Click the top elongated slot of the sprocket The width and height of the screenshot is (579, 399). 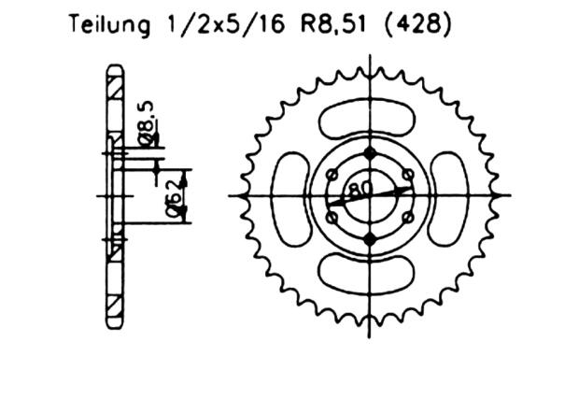370,121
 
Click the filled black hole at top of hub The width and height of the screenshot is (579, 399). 371,154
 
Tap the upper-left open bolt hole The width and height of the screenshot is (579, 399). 333,174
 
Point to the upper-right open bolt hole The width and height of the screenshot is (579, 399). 407,174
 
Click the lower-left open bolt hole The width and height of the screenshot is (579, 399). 333,217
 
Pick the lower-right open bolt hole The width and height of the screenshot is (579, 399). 407,217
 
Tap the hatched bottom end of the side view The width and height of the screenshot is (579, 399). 114,308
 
